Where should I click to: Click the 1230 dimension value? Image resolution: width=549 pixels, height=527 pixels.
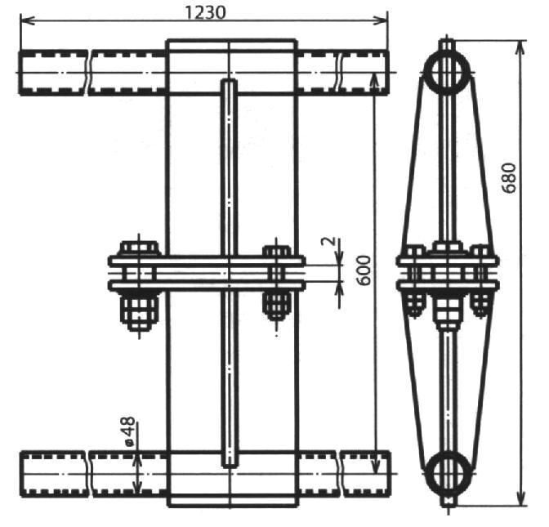[205, 13]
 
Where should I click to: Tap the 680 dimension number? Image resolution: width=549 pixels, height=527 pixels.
[509, 178]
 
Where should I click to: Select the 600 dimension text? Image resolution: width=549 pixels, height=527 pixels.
[364, 270]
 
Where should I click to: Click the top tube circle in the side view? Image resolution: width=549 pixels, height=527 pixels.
[447, 73]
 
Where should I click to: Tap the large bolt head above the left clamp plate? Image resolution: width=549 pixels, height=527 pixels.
[140, 248]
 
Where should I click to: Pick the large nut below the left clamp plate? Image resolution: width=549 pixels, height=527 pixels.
[140, 310]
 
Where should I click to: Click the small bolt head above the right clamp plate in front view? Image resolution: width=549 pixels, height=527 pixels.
[277, 251]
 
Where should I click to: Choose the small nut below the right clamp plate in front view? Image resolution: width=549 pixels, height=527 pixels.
[277, 305]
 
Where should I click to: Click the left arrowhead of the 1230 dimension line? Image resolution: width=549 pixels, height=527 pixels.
[27, 20]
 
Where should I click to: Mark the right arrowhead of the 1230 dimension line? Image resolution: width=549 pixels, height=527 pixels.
[381, 20]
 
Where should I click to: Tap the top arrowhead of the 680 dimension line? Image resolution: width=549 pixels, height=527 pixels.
[521, 47]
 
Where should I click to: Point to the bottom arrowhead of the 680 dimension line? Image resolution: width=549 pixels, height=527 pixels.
[521, 498]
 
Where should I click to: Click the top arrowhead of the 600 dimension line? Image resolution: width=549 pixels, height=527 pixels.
[374, 80]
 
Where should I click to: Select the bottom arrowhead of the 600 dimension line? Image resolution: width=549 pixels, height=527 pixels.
[375, 467]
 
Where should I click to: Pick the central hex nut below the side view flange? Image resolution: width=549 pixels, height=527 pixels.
[449, 309]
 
